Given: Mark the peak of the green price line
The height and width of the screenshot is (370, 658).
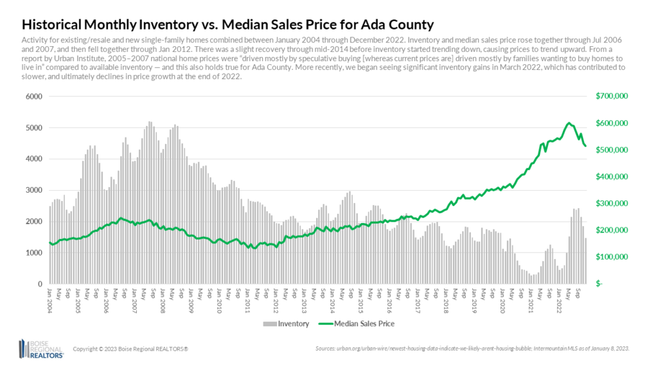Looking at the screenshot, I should (569, 123).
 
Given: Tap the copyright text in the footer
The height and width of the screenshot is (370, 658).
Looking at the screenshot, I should (130, 349).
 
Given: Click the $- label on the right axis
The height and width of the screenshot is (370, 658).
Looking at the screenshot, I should (600, 284).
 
